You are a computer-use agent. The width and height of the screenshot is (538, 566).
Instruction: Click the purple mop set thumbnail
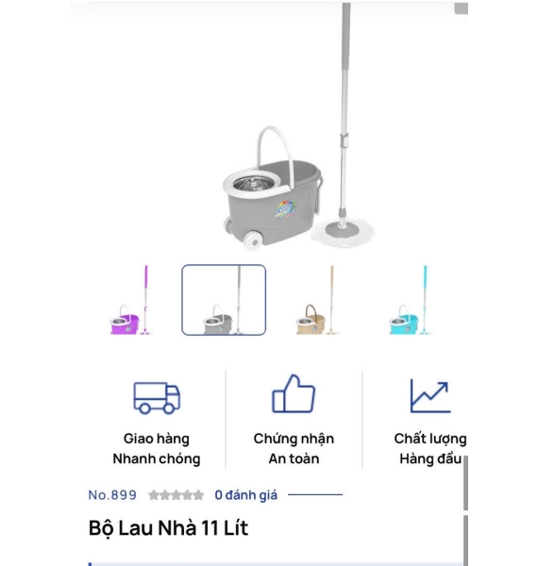(x=130, y=300)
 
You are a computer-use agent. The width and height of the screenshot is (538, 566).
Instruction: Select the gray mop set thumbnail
(x=224, y=300)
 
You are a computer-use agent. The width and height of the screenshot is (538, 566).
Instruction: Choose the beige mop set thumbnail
(x=317, y=300)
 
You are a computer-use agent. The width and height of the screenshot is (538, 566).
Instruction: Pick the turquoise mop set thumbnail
(x=411, y=300)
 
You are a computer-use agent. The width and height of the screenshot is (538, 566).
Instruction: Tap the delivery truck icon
(x=157, y=397)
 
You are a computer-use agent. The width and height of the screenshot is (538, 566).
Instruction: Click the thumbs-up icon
(x=294, y=393)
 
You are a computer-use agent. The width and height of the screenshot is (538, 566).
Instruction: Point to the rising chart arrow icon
(x=430, y=395)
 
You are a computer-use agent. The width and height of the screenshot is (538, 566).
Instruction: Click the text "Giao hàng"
(x=157, y=439)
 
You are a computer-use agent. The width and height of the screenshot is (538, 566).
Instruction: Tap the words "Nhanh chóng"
(x=157, y=458)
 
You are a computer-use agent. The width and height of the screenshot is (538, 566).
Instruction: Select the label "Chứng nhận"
(x=294, y=439)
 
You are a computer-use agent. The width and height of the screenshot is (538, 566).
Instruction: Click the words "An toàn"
(x=294, y=458)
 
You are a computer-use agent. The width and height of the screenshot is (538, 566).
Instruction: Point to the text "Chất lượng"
(x=430, y=439)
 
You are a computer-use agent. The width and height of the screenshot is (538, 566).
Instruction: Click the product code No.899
(x=112, y=495)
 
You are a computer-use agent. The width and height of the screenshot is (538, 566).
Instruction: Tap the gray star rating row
(x=176, y=495)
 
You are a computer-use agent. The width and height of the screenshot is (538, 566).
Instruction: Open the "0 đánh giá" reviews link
(x=246, y=495)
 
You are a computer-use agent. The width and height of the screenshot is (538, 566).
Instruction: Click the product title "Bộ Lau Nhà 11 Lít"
(x=168, y=528)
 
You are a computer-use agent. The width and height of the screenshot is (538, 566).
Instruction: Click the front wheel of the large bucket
(x=253, y=241)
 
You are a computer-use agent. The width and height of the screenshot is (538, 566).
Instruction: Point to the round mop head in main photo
(x=343, y=233)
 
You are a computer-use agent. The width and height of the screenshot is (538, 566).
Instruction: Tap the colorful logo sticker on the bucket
(x=286, y=208)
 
